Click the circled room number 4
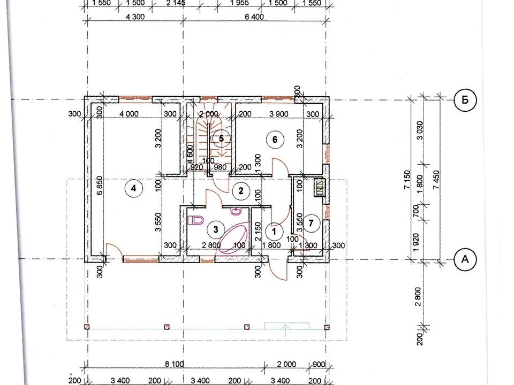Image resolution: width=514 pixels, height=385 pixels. [x=133, y=188]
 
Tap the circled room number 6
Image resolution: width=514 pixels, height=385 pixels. [x=275, y=140]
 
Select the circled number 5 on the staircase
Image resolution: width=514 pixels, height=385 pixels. [x=221, y=138]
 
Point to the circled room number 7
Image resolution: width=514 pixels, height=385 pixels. [x=311, y=224]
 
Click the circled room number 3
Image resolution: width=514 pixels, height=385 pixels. [x=216, y=229]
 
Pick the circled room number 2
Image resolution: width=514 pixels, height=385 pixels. [x=241, y=191]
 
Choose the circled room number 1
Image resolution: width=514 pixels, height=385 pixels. [x=274, y=232]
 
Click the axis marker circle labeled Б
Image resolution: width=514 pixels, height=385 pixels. [x=465, y=100]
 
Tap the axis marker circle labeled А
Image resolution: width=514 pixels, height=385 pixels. [x=465, y=259]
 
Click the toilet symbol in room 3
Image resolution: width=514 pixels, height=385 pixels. [x=195, y=220]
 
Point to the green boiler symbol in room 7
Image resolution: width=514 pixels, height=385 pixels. [x=319, y=188]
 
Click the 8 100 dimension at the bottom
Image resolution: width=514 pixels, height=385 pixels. [x=173, y=364]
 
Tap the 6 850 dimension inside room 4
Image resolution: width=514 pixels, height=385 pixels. [x=100, y=186]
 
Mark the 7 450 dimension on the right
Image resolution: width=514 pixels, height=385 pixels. [x=436, y=180]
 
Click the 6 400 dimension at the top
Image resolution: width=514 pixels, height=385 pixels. [x=254, y=17]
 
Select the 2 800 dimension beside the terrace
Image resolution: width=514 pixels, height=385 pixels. [x=418, y=296]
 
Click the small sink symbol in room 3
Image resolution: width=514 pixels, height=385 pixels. [x=236, y=211]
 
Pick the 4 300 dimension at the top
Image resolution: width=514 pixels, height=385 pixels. [x=135, y=17]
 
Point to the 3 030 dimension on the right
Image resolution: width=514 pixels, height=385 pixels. [x=420, y=130]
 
